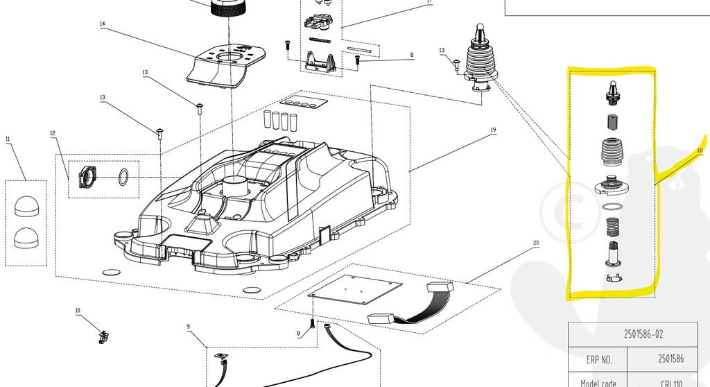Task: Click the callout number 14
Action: click(103, 24)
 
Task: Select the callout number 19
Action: click(494, 130)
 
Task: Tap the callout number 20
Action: click(536, 243)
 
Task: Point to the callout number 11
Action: click(8, 139)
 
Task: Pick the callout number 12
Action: click(52, 132)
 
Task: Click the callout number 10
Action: click(78, 311)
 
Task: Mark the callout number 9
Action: click(187, 326)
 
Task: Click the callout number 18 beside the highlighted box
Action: click(700, 150)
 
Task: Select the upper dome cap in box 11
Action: click(26, 206)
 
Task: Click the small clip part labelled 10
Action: click(105, 336)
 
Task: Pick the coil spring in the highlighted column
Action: click(612, 227)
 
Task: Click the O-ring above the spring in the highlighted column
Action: click(611, 207)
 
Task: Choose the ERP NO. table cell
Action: click(597, 360)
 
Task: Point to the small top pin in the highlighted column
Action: click(612, 87)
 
